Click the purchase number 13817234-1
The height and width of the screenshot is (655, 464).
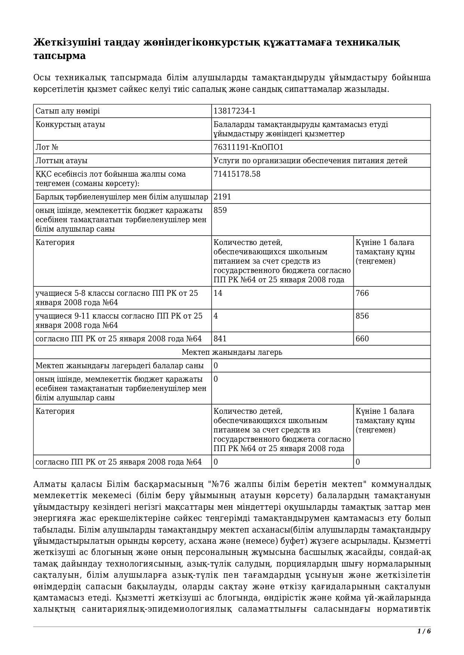234,111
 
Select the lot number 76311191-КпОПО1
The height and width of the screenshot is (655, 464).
248,147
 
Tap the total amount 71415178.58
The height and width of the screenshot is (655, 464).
237,174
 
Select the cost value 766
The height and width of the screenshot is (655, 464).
362,293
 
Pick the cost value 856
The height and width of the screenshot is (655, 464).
362,316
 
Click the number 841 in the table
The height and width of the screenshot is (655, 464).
220,339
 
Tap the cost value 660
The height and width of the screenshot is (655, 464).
362,339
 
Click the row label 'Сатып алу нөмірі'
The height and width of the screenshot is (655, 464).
68,111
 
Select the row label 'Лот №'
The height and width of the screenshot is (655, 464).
47,147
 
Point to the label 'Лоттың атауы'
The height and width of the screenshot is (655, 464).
61,161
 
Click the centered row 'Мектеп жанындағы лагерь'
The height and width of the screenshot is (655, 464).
232,352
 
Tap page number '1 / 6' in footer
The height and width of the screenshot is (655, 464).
424,631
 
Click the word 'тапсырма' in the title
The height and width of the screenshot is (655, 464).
59,56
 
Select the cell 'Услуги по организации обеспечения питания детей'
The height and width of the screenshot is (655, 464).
310,161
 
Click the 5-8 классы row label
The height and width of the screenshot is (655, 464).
117,298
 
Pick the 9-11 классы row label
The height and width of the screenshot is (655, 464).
119,320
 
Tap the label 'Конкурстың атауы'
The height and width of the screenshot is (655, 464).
70,124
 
